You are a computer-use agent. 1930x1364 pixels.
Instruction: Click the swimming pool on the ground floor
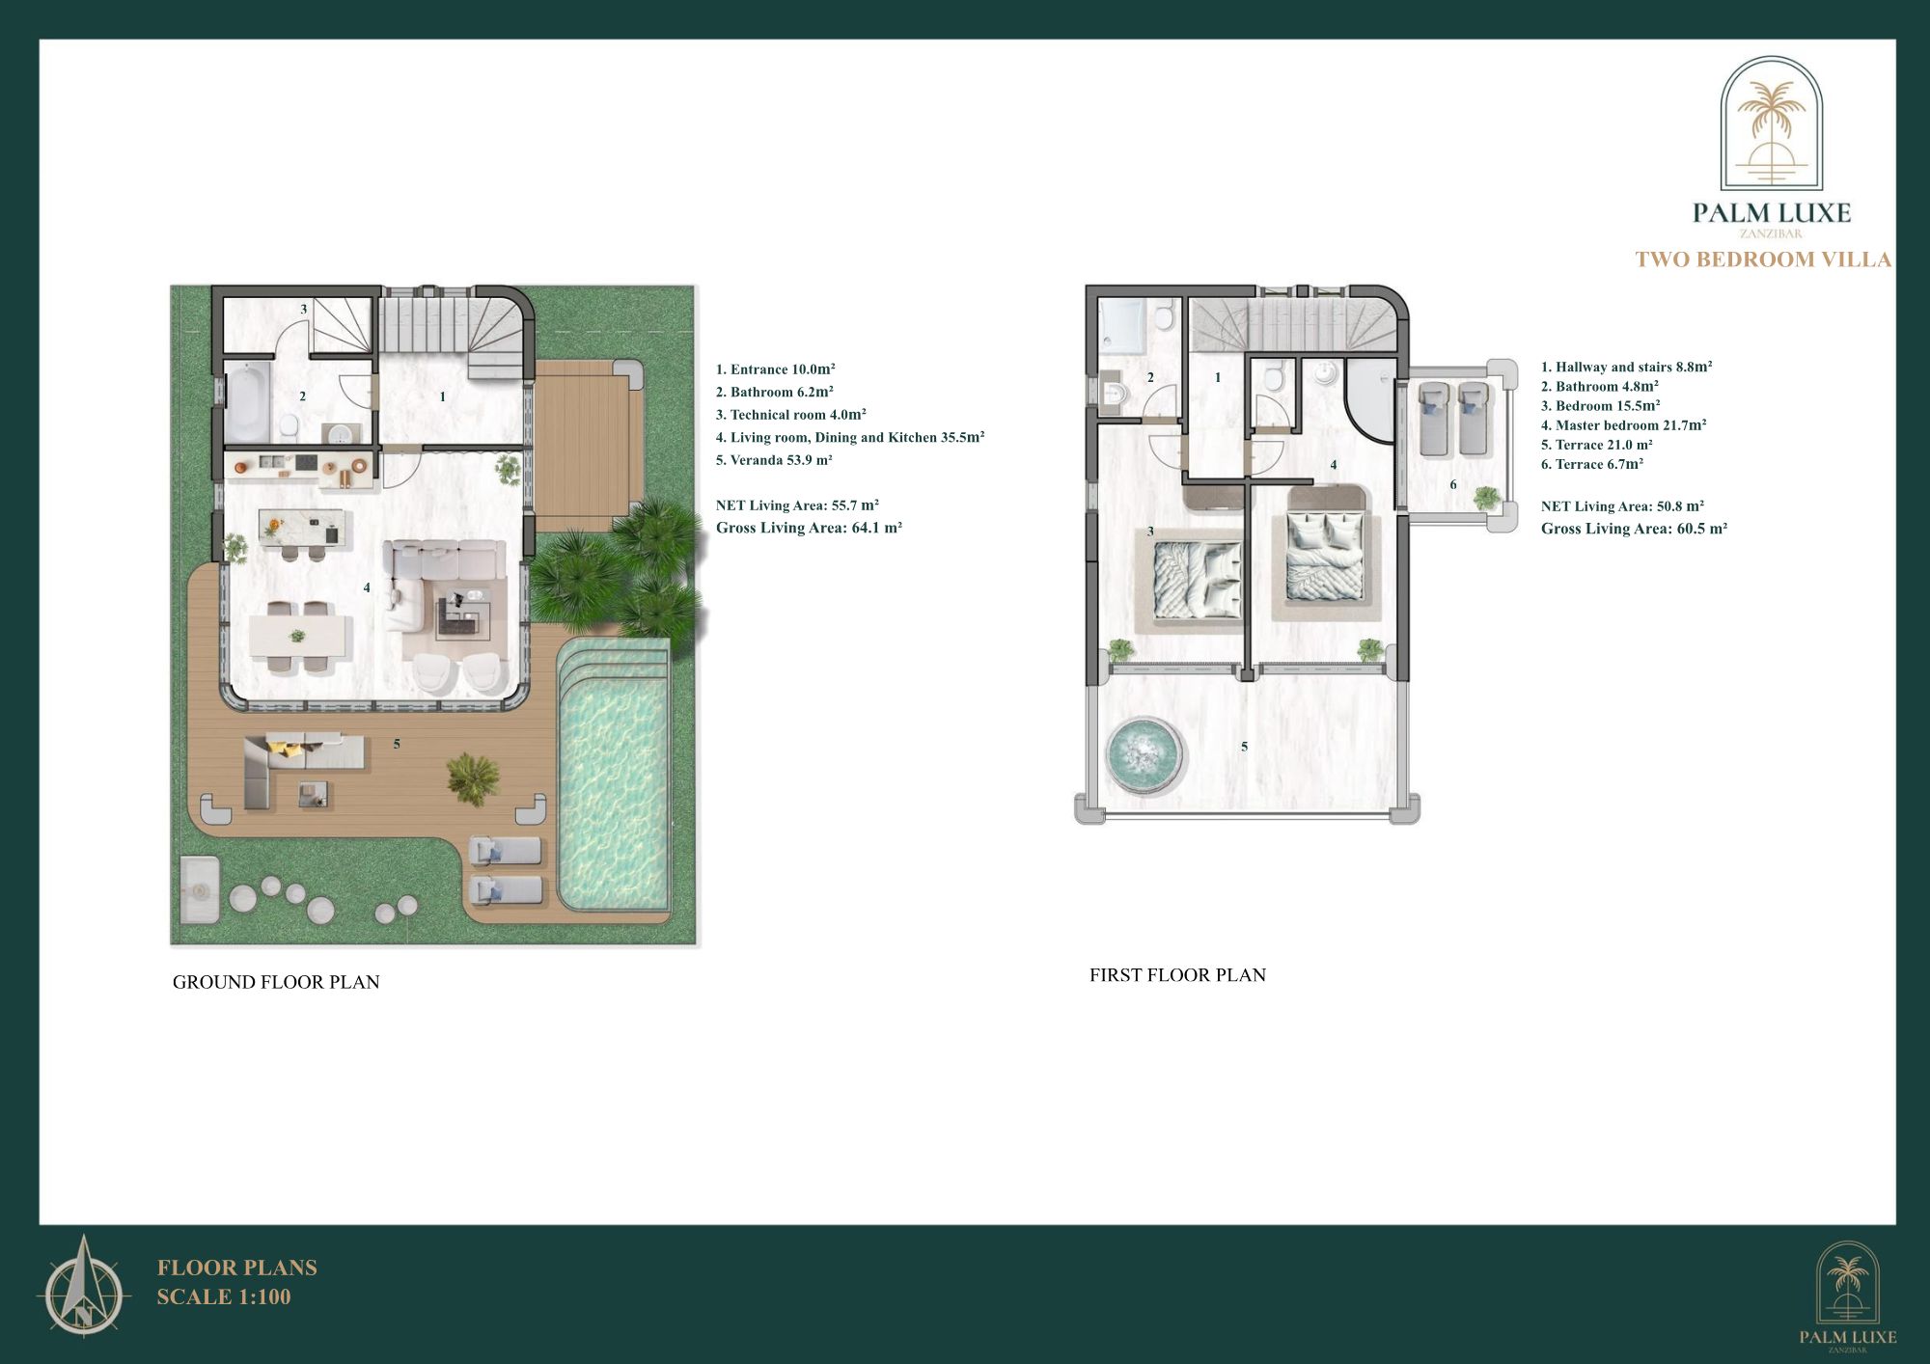(614, 791)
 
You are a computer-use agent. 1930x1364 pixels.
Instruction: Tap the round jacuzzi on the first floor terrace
(1144, 753)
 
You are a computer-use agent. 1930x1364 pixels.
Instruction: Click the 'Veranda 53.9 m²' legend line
(774, 460)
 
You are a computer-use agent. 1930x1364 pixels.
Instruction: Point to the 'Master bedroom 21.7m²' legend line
(1623, 425)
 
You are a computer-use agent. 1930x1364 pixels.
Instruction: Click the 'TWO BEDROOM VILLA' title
(1763, 259)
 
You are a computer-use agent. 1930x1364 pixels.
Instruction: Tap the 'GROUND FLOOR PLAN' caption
(276, 982)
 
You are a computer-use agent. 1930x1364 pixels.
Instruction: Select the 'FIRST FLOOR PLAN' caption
(1177, 975)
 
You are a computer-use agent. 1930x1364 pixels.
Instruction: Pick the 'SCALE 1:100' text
(224, 1297)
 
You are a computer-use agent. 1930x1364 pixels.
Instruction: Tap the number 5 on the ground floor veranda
(397, 744)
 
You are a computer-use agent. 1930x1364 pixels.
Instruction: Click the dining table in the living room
(299, 635)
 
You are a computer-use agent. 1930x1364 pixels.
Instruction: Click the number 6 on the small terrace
(1453, 484)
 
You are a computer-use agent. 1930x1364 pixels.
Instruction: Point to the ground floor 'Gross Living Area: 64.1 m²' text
(809, 528)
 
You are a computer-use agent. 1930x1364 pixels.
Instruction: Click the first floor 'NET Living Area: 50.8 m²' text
(1622, 506)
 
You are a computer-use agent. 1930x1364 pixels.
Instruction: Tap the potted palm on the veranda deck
(472, 777)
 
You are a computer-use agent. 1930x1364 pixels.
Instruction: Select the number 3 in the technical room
(304, 310)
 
